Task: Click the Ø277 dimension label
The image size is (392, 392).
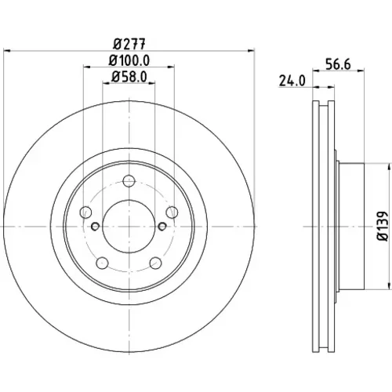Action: pyautogui.click(x=129, y=44)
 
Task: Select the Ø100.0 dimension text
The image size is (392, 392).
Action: pyautogui.click(x=129, y=60)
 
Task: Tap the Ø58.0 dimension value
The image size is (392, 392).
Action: pyautogui.click(x=129, y=77)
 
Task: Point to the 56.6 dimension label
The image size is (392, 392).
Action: pyautogui.click(x=338, y=64)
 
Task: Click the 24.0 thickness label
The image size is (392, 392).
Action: pyautogui.click(x=292, y=81)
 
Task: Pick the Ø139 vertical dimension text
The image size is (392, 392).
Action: pyautogui.click(x=383, y=226)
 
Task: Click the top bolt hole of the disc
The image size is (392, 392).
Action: pyautogui.click(x=129, y=181)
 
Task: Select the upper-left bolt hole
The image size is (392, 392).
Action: pyautogui.click(x=85, y=212)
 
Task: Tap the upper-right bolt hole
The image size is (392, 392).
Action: pyautogui.click(x=172, y=212)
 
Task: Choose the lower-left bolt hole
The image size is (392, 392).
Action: pyautogui.click(x=102, y=263)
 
